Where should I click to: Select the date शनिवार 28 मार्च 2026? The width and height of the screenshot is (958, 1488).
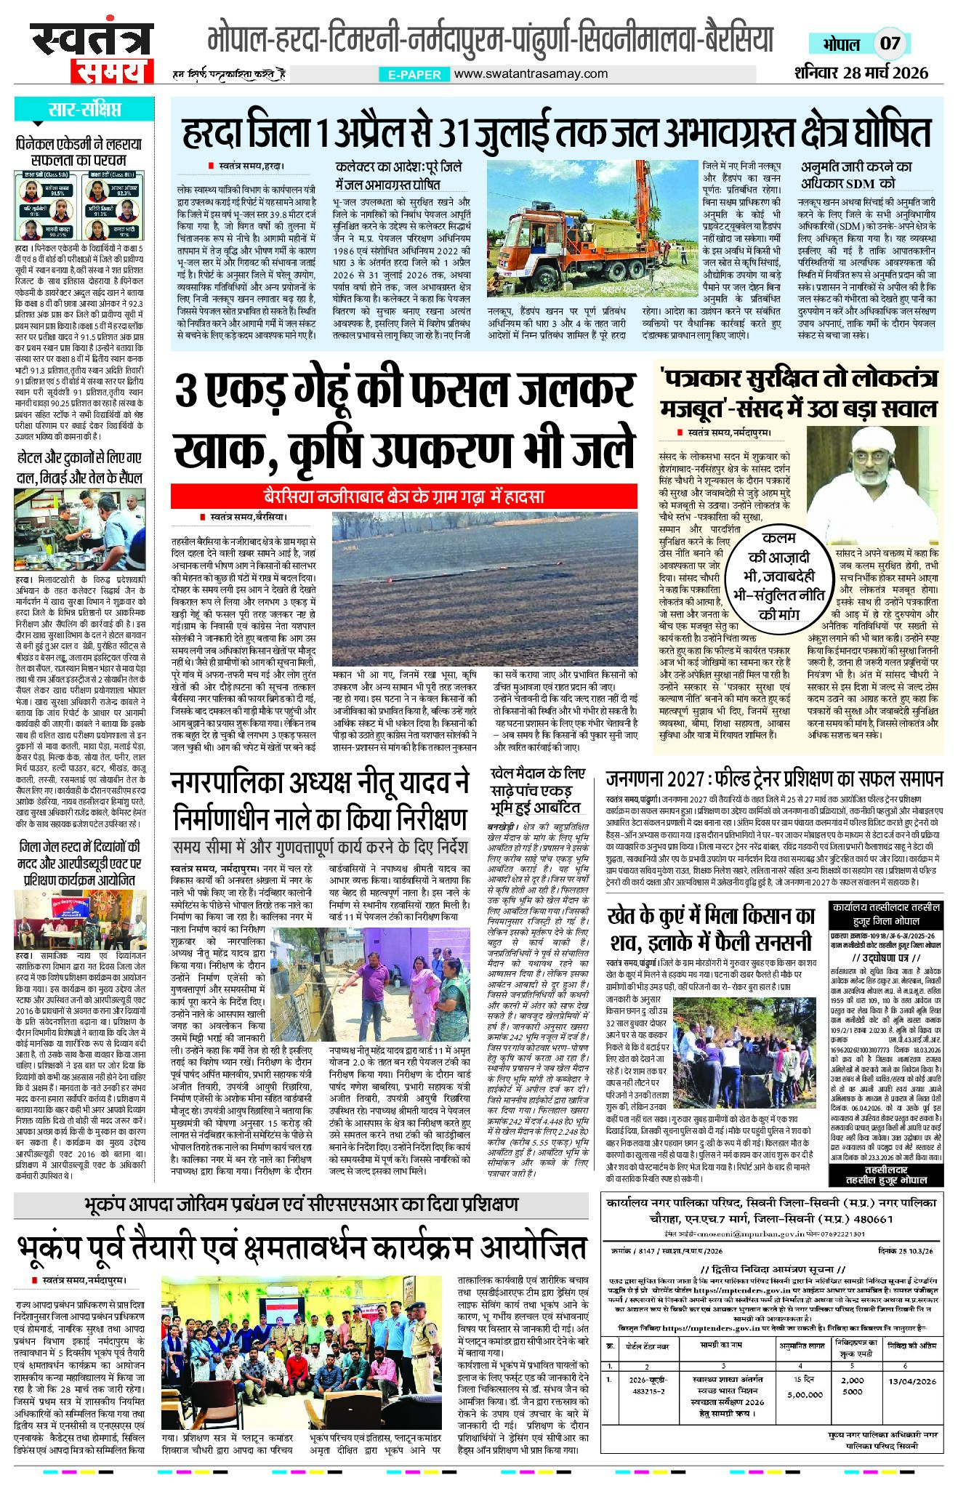tap(861, 73)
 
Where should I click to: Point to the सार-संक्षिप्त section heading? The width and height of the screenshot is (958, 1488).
tap(84, 110)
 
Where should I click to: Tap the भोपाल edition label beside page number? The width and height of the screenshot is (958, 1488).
tap(842, 43)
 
